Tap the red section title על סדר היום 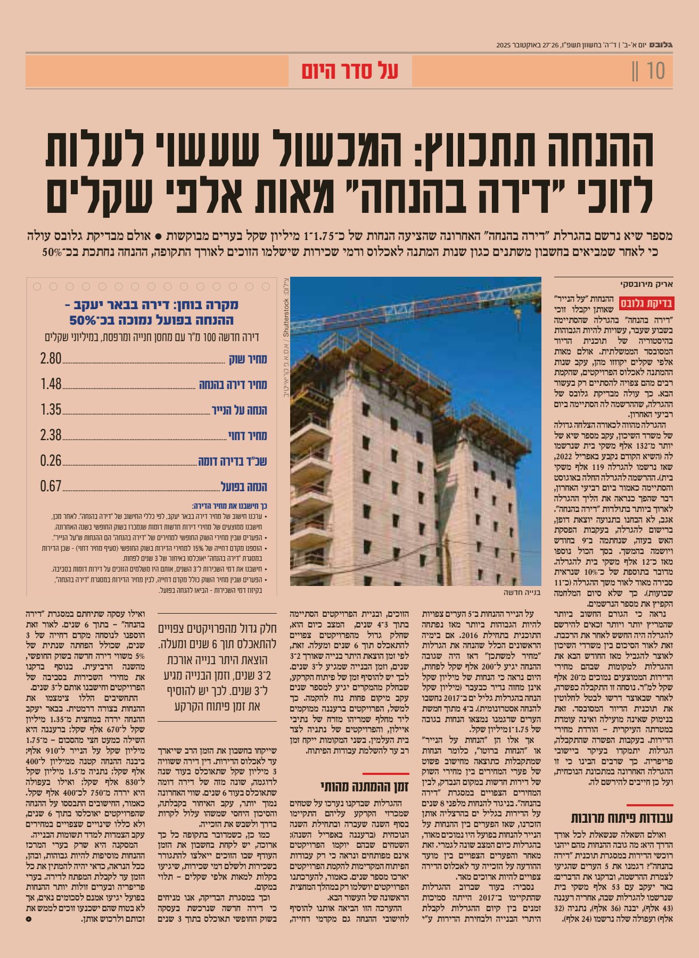(350, 71)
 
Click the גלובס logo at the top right (662, 45)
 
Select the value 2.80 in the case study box (51, 359)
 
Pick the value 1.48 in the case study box (51, 384)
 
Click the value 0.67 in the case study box (51, 486)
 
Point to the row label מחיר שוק (248, 359)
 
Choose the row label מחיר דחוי (248, 436)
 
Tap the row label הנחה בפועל (244, 487)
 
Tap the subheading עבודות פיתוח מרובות (622, 818)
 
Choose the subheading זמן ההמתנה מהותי (365, 786)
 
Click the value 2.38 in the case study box (51, 435)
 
